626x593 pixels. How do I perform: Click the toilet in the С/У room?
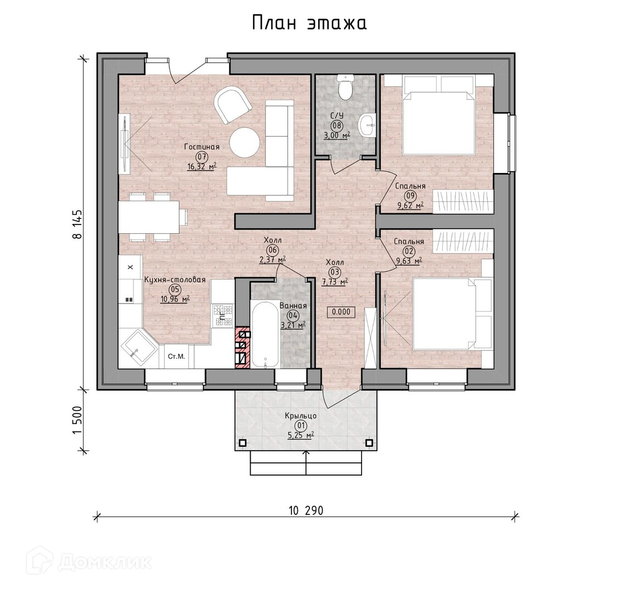point(344,87)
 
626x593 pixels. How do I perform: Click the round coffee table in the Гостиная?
point(245,143)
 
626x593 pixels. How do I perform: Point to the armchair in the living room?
point(233,106)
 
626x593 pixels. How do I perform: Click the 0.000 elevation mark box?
point(341,312)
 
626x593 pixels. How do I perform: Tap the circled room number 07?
point(201,157)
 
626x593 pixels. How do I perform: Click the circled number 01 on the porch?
point(300,426)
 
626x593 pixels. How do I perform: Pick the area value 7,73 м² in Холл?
point(334,282)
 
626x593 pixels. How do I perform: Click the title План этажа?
point(309,23)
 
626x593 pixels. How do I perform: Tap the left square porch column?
point(242,443)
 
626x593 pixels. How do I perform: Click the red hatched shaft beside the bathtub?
point(242,347)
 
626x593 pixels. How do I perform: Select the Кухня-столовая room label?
point(175,279)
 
